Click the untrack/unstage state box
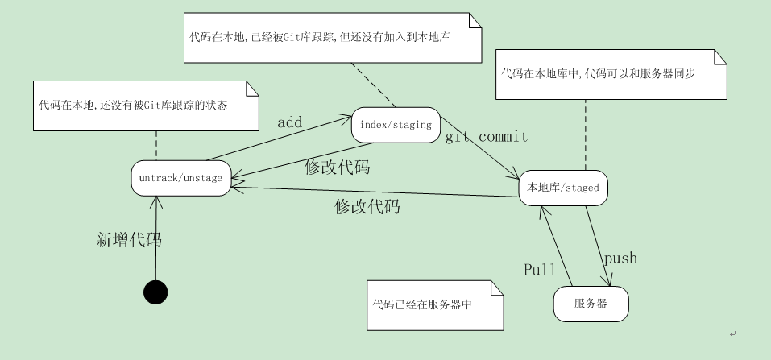(x=181, y=178)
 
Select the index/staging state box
(x=396, y=124)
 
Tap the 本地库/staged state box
(x=563, y=188)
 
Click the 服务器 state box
(x=591, y=304)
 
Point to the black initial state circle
(x=155, y=292)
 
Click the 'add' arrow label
(x=289, y=122)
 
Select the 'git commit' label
(x=487, y=136)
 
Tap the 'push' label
(x=620, y=258)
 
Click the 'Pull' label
(x=540, y=269)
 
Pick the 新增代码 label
(x=129, y=239)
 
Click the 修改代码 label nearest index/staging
(x=338, y=168)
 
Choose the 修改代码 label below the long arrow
(x=367, y=206)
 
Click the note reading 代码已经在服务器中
(x=433, y=304)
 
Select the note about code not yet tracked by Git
(x=145, y=106)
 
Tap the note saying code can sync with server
(x=611, y=73)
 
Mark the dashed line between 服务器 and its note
(x=529, y=304)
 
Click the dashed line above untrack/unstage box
(x=156, y=146)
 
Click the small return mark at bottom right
(x=732, y=333)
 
